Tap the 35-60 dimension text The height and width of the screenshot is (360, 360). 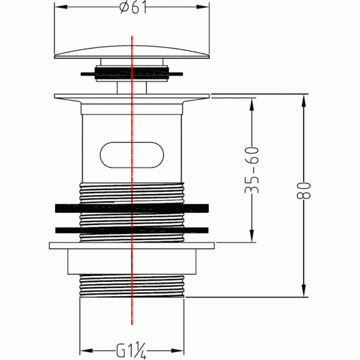[x=252, y=170]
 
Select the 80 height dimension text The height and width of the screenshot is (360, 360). [x=304, y=190]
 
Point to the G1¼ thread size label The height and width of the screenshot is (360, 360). [x=131, y=350]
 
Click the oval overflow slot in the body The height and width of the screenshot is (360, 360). [x=132, y=155]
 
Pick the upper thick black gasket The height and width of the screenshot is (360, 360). [x=132, y=208]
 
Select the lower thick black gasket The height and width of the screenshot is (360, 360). [x=132, y=230]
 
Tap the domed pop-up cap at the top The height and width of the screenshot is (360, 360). [x=132, y=52]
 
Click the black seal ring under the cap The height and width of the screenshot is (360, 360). [x=132, y=73]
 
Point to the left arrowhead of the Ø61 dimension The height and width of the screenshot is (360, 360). [x=61, y=7]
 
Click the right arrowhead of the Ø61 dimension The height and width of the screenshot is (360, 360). [x=203, y=7]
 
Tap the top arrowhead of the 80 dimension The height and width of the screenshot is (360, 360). [x=304, y=101]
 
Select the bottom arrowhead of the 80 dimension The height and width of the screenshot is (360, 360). [x=304, y=290]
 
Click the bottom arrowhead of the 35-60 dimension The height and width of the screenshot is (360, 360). [x=252, y=236]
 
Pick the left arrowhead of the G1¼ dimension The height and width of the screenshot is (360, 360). [x=86, y=351]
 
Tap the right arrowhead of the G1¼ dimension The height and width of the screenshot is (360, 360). [x=178, y=351]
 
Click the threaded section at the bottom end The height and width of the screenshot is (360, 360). [x=132, y=286]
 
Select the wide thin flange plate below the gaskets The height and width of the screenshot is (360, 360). [x=132, y=245]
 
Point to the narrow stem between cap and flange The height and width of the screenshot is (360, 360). [x=132, y=88]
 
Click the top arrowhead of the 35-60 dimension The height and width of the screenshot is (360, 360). [x=252, y=104]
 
